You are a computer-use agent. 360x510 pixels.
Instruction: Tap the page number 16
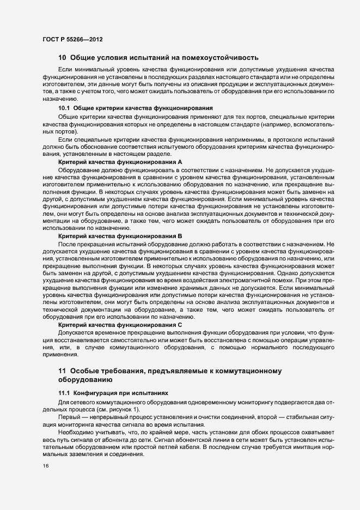45,466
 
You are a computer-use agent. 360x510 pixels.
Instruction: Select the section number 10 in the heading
62,57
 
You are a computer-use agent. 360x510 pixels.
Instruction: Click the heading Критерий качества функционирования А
120,162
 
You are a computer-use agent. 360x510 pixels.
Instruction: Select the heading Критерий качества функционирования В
120,235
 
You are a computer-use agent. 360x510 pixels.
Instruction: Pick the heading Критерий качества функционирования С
120,324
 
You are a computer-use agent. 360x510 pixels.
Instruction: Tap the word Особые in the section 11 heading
86,371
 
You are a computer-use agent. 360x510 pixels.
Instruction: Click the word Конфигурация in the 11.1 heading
99,393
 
